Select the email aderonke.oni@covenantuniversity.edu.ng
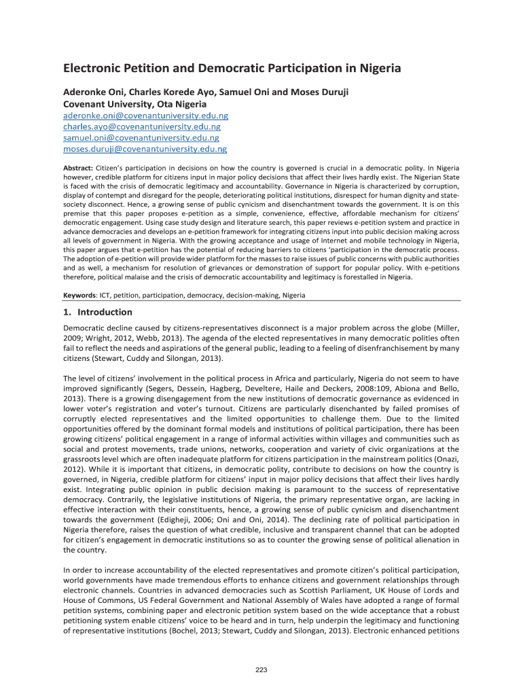point(145,117)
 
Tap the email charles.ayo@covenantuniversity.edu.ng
point(141,127)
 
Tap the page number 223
point(261,670)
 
